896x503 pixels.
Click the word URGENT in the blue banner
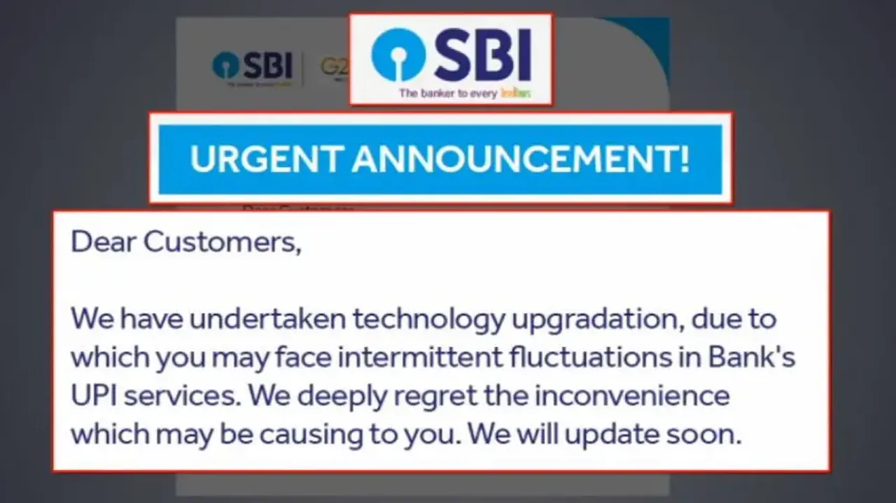click(265, 160)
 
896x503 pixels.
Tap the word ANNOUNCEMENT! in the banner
click(520, 160)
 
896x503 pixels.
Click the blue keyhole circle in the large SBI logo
click(398, 55)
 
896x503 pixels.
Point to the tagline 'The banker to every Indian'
click(464, 92)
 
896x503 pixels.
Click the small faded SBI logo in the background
click(252, 66)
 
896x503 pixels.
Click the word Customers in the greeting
click(223, 243)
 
